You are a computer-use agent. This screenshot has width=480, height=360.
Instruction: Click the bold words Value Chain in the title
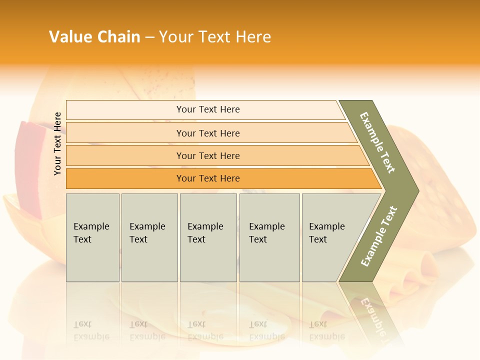click(x=94, y=37)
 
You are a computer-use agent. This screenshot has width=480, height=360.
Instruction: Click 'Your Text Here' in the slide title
click(x=215, y=37)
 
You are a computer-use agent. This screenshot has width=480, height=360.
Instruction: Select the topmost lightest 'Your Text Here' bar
click(x=207, y=109)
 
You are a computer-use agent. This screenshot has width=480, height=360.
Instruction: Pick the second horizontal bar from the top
click(x=208, y=133)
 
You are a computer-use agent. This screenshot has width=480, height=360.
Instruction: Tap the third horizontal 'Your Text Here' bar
click(x=208, y=155)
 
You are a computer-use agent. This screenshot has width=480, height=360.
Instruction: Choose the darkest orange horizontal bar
click(x=208, y=178)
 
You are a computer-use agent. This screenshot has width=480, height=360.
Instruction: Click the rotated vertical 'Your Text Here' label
click(x=57, y=143)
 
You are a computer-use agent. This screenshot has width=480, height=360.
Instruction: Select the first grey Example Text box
click(x=92, y=237)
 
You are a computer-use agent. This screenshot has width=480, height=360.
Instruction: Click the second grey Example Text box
click(x=149, y=237)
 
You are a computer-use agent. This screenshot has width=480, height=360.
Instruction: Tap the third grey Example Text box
click(x=207, y=237)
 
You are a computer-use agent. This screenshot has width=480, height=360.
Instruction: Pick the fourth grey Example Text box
click(x=269, y=237)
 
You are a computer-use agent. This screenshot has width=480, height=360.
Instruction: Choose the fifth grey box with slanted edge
click(x=330, y=237)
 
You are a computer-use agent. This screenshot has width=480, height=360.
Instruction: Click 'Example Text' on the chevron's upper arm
click(x=377, y=142)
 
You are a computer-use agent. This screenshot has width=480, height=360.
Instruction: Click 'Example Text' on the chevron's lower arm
click(x=378, y=236)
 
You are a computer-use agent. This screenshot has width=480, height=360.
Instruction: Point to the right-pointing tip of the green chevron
click(x=416, y=191)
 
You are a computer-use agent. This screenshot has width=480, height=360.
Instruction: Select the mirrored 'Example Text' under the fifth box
click(x=327, y=330)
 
